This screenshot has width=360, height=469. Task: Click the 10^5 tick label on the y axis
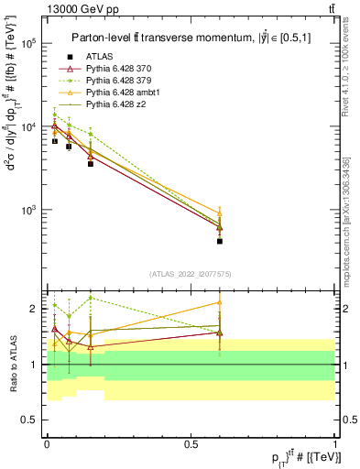tap(28, 43)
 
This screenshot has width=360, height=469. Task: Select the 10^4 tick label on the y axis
tap(28, 126)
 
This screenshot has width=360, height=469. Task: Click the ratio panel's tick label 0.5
tap(29, 420)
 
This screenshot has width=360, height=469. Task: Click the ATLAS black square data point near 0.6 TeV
tap(220, 242)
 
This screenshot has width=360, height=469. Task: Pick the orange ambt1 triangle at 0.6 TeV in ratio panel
tap(220, 302)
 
